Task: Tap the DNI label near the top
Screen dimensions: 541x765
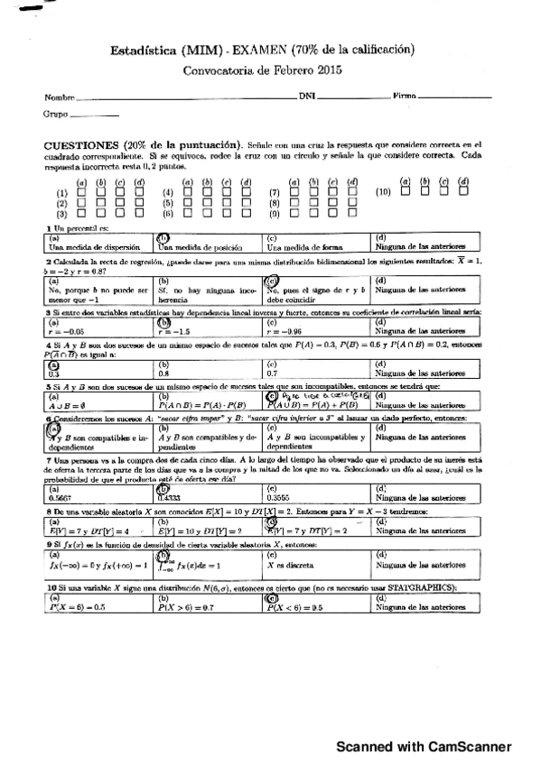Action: (306, 96)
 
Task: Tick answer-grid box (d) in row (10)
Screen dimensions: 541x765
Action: (463, 191)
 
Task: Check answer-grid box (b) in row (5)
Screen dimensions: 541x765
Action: (207, 203)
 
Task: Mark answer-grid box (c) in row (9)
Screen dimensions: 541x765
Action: (333, 214)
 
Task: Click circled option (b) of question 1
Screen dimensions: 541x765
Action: (163, 237)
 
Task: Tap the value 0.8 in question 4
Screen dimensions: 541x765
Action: (164, 372)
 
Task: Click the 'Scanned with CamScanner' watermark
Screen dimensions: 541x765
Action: (424, 746)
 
